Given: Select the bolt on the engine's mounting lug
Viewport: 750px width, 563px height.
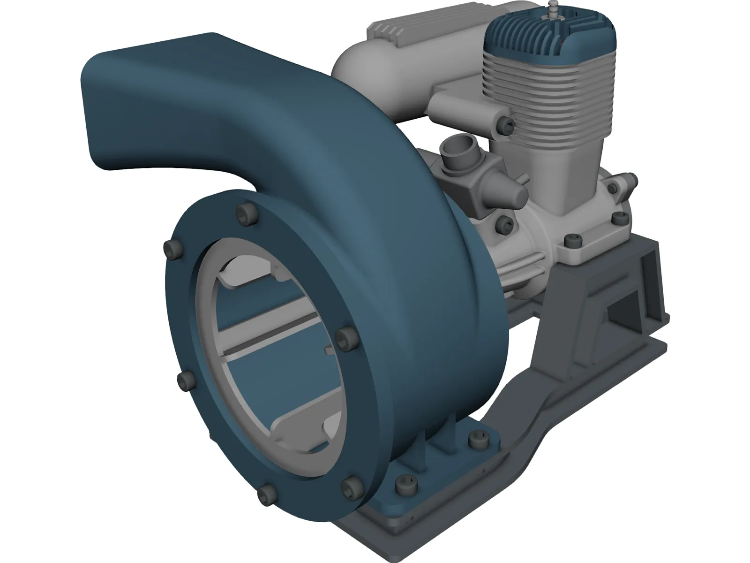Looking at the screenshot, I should pyautogui.click(x=573, y=242).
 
